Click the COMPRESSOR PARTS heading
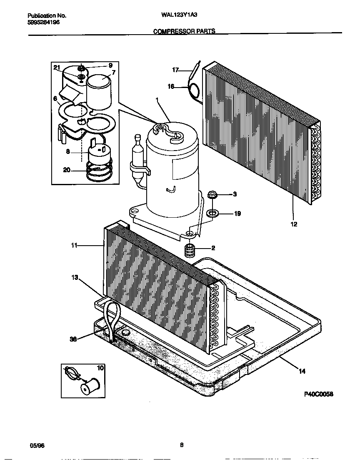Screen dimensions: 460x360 tap(184, 31)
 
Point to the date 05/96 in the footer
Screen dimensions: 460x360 tap(37, 445)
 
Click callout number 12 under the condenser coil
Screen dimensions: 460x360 tap(294, 224)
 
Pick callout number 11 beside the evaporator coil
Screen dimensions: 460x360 tap(74, 246)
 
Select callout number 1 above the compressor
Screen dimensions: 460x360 tap(157, 100)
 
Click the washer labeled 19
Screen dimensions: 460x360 tap(213, 214)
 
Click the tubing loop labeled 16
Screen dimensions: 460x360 tap(194, 91)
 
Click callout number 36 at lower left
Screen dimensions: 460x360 tap(73, 339)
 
